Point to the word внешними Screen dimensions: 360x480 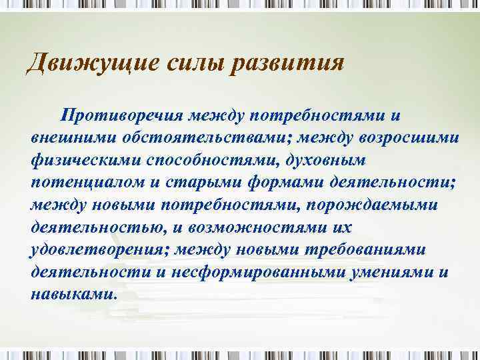(x=65, y=139)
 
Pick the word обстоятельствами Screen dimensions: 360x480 (x=184, y=139)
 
